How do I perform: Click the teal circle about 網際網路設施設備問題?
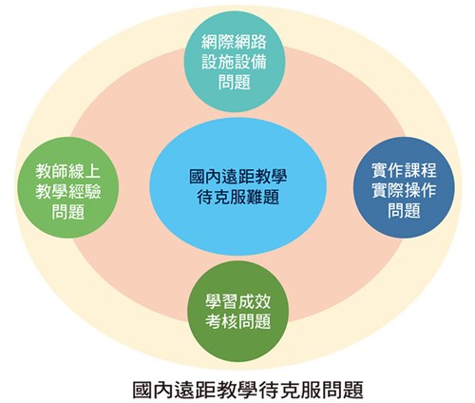click(x=235, y=62)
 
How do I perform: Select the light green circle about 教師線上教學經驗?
click(x=67, y=187)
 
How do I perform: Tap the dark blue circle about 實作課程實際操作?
click(x=404, y=187)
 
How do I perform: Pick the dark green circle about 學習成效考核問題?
click(x=238, y=312)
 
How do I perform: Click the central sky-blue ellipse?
click(x=237, y=186)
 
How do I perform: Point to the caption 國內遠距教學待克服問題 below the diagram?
click(x=248, y=389)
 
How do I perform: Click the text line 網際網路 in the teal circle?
click(x=234, y=42)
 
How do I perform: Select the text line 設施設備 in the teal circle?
click(x=234, y=62)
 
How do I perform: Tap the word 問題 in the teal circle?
click(x=235, y=82)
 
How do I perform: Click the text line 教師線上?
click(x=67, y=171)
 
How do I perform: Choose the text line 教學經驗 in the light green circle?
click(x=68, y=191)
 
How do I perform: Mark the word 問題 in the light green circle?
click(x=68, y=212)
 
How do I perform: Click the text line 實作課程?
click(x=404, y=170)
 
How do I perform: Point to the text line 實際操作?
click(x=404, y=190)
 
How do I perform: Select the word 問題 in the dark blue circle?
click(x=404, y=210)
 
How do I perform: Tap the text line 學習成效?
click(x=238, y=301)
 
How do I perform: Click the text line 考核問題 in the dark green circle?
click(x=238, y=321)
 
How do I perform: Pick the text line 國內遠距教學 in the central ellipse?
click(x=238, y=176)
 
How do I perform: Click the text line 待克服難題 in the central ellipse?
click(x=238, y=197)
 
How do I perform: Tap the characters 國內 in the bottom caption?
click(x=153, y=389)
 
